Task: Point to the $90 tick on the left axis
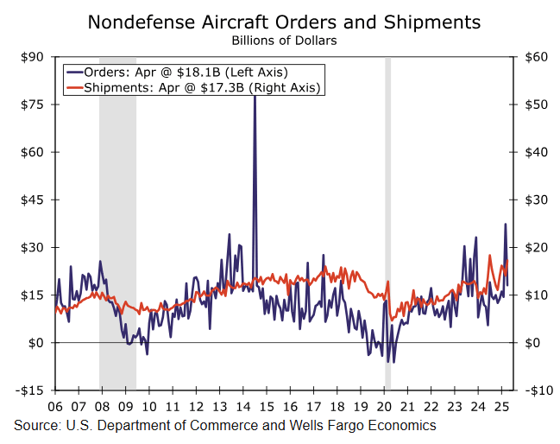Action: pyautogui.click(x=34, y=57)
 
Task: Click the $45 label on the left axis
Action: pyautogui.click(x=34, y=200)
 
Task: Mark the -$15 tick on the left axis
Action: pyautogui.click(x=32, y=390)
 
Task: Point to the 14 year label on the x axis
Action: pyautogui.click(x=242, y=405)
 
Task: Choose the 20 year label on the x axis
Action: pyautogui.click(x=385, y=405)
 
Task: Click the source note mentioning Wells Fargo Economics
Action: pyautogui.click(x=224, y=426)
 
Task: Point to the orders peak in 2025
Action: pyautogui.click(x=506, y=225)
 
